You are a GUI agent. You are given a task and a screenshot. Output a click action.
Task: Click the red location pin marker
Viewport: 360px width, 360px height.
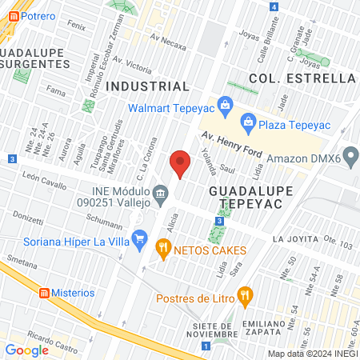[x=180, y=164]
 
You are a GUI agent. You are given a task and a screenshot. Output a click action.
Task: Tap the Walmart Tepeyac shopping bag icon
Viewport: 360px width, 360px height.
[x=225, y=104]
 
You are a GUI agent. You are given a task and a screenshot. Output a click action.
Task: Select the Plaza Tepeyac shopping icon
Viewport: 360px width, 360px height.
[x=248, y=122]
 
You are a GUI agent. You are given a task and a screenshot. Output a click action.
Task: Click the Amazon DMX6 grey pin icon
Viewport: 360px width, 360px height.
[x=350, y=154]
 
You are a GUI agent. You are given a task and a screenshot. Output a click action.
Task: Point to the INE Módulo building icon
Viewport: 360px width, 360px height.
[x=160, y=193]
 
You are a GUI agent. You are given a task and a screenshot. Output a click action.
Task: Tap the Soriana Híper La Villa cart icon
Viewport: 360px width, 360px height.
[x=141, y=237]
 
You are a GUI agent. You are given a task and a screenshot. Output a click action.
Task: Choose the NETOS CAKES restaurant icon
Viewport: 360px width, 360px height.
[x=164, y=249]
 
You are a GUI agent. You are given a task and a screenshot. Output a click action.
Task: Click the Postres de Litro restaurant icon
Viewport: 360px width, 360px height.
[x=245, y=295]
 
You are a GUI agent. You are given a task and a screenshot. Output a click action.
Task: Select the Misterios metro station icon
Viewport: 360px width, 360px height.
[x=44, y=293]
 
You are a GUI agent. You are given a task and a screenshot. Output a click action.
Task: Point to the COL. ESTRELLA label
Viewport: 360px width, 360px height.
[x=302, y=78]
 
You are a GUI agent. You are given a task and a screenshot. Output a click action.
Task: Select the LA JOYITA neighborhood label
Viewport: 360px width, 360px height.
[x=295, y=239]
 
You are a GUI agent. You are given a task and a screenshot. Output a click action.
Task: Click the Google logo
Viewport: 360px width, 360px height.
[x=26, y=350]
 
